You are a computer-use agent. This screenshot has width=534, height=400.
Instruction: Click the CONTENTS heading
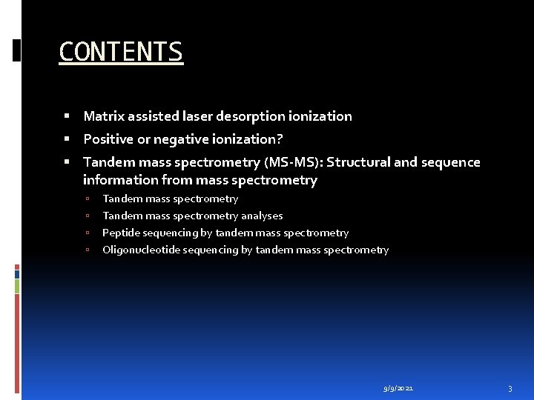tap(120, 52)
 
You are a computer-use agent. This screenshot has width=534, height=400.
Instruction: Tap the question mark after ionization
tap(280, 139)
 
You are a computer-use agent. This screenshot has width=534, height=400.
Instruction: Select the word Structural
tap(358, 162)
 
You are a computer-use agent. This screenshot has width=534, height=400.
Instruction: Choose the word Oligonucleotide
tap(140, 250)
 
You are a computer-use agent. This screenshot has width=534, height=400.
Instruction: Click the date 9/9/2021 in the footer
tap(398, 388)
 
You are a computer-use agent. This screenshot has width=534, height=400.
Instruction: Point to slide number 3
tap(510, 388)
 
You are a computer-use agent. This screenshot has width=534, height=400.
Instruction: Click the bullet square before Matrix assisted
tap(67, 116)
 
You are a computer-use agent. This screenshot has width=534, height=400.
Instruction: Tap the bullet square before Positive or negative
tap(67, 139)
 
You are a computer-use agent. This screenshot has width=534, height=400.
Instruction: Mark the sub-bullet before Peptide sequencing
tap(88, 233)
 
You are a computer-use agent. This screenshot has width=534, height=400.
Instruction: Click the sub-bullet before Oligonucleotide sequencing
tap(88, 250)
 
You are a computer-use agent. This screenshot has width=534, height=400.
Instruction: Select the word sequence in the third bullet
tap(452, 162)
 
